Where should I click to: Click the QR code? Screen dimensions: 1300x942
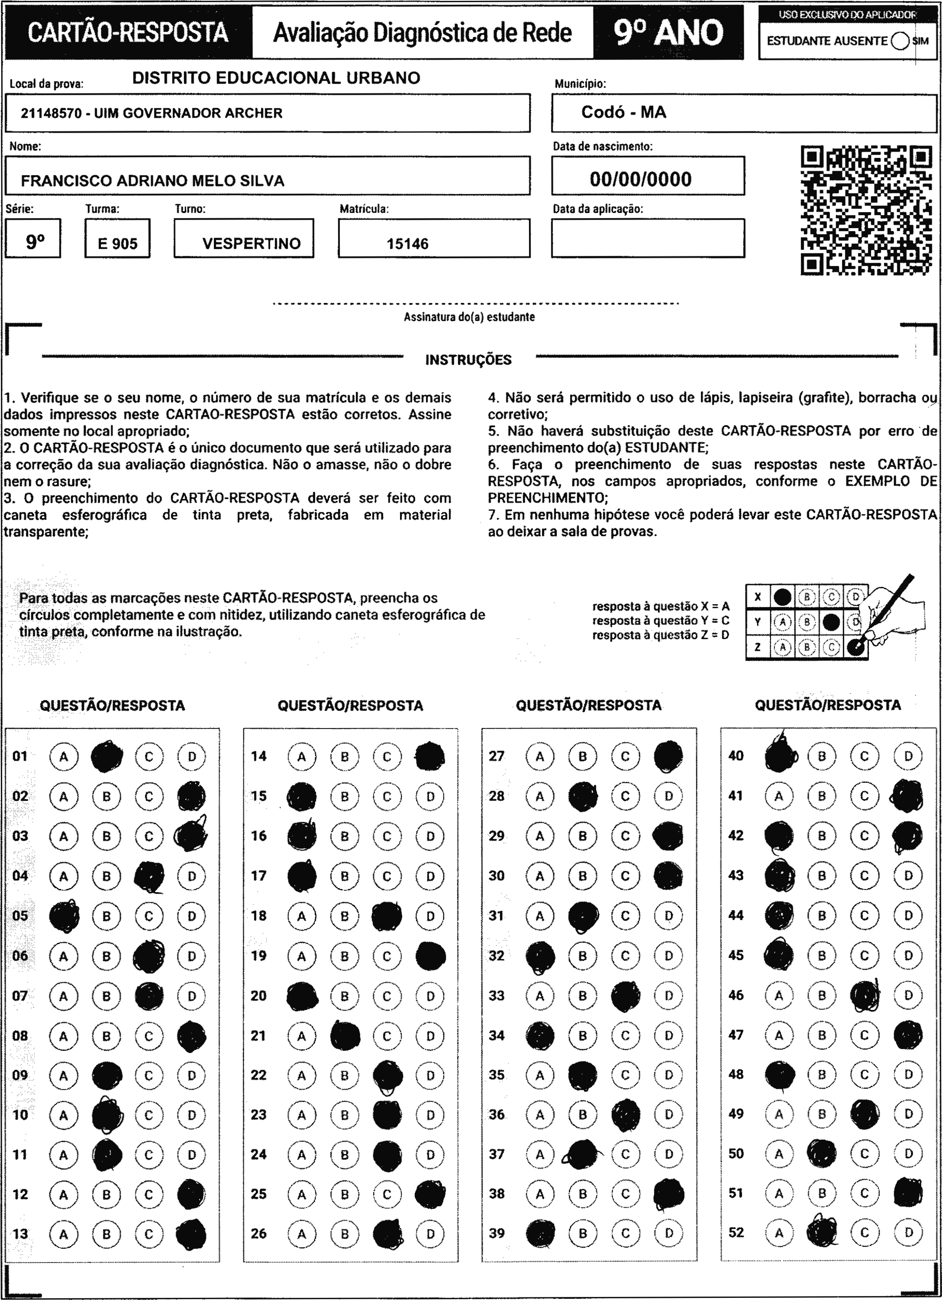866,211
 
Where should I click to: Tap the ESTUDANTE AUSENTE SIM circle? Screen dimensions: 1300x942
900,41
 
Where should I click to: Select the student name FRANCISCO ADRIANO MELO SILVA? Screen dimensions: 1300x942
153,181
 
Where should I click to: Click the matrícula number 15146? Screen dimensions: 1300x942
408,244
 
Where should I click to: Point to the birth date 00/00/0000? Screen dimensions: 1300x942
640,179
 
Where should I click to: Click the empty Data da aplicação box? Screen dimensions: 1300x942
648,238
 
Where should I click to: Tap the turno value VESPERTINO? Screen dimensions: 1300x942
251,244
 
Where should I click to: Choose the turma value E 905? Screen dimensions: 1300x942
118,244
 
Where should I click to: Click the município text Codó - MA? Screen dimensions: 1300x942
624,112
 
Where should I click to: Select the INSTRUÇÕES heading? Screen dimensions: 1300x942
468,360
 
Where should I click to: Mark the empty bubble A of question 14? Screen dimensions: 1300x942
302,757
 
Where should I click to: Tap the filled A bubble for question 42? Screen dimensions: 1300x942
779,836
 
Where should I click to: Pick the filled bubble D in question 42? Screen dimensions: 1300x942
908,836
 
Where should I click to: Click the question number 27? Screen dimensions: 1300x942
497,756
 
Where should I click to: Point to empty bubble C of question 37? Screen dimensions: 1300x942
626,1154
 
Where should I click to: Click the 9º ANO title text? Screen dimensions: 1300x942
668,33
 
